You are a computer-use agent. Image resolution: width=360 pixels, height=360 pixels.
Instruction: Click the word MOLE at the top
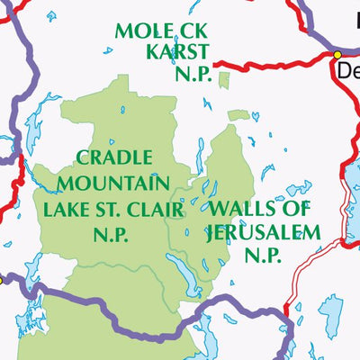tap(139, 31)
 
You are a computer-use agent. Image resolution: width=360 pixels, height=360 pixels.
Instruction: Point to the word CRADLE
tap(113, 158)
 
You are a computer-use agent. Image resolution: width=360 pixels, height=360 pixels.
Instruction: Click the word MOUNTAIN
tap(113, 184)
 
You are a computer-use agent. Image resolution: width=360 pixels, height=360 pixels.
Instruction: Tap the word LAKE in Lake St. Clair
tap(65, 211)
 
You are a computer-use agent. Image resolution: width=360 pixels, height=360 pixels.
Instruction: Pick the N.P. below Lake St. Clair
tap(113, 236)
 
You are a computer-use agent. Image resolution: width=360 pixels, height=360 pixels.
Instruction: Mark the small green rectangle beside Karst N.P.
tap(223, 81)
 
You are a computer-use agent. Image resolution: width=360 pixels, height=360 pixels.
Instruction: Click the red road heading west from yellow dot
tap(270, 63)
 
